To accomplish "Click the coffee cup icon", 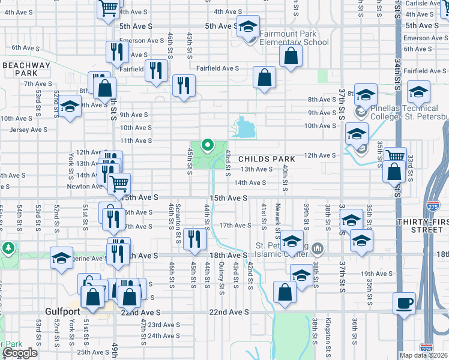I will tap(405, 302).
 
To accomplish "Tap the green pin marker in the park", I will tap(208, 145).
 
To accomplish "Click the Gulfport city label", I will tap(67, 311).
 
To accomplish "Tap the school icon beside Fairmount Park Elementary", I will tap(247, 27).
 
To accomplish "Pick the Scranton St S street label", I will tap(178, 225).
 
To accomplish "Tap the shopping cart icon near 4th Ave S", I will tap(109, 9).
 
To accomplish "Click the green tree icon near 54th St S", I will tap(8, 247).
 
